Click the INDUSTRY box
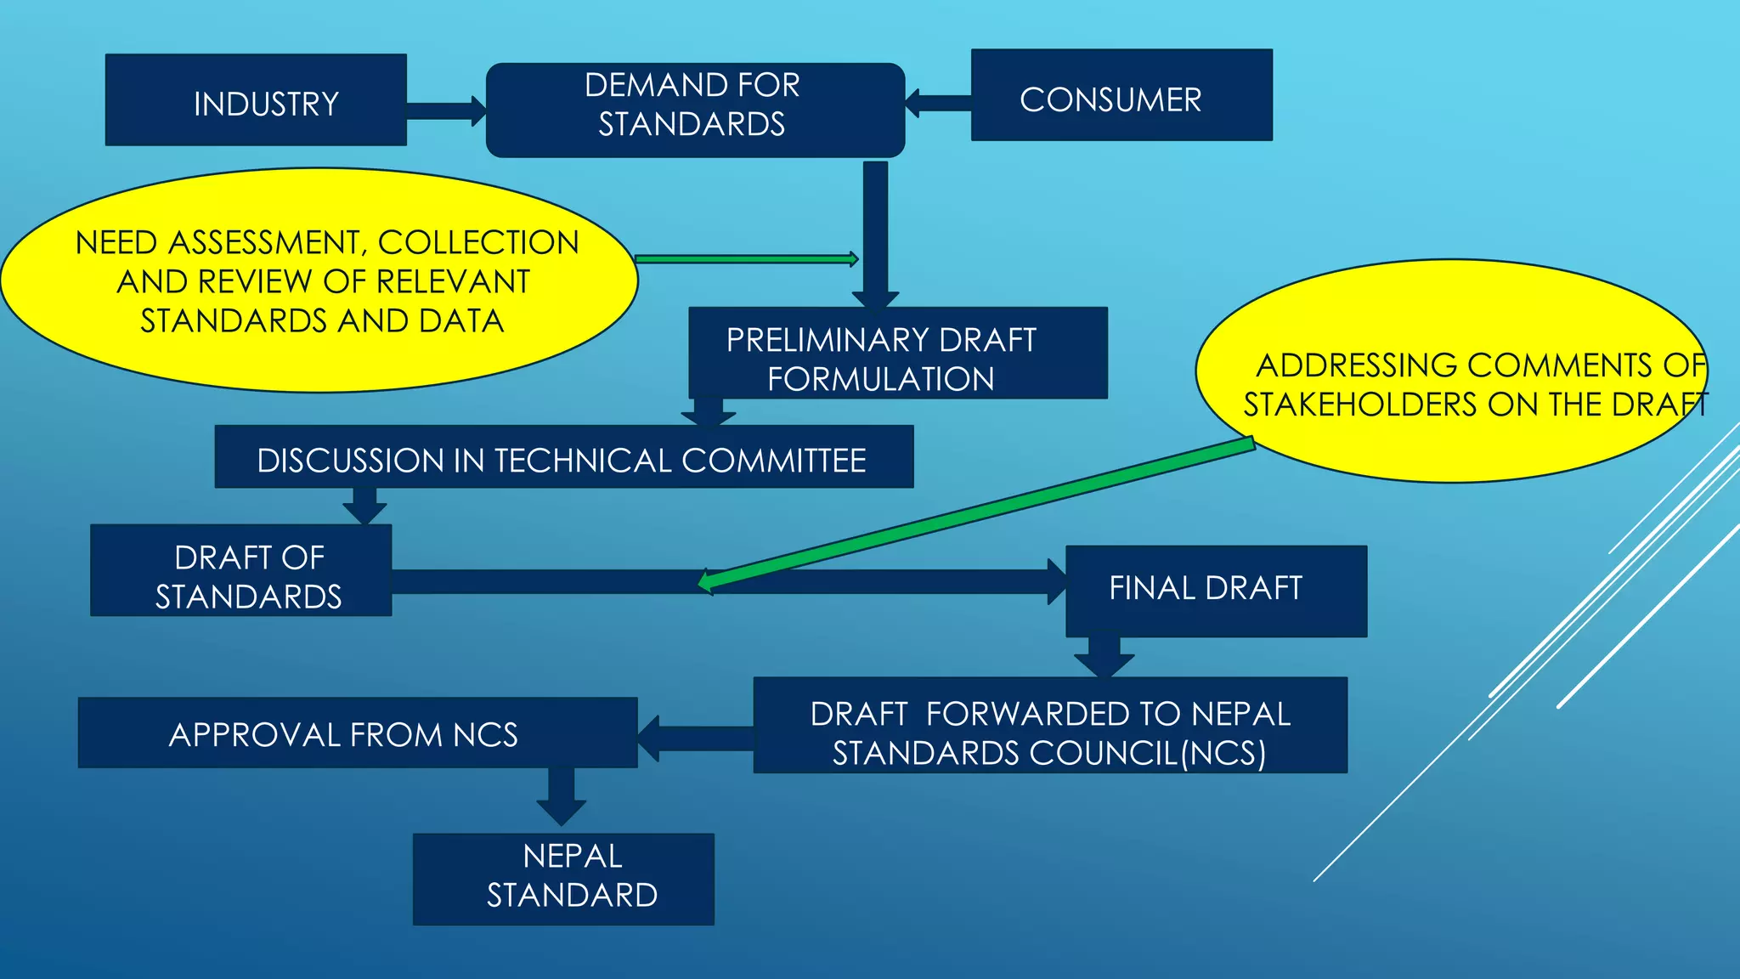256,100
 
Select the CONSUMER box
1121,95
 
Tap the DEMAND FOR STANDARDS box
695,110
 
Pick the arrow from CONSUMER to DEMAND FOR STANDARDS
938,103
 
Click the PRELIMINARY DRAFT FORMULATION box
897,353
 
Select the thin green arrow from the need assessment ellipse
746,259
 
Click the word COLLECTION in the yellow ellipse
478,243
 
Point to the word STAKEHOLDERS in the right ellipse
1362,405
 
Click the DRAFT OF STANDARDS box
241,570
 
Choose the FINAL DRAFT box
1216,591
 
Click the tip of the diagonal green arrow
703,583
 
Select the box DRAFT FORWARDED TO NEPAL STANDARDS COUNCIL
1050,725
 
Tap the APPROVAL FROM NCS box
358,733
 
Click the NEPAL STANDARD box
563,879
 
